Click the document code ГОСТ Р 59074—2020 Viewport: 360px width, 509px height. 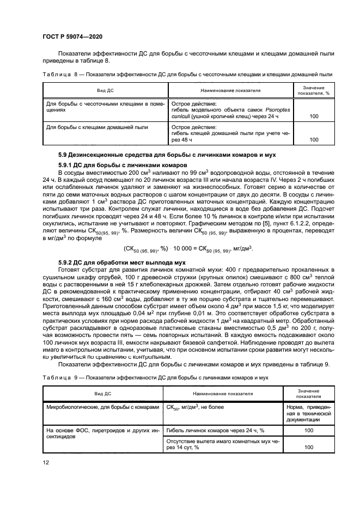point(72,36)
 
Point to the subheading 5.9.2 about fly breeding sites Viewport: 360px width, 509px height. point(127,263)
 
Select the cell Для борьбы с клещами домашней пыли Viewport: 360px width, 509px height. point(89,127)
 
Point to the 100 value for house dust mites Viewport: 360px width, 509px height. point(313,139)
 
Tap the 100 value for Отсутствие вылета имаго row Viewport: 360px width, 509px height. point(309,447)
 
